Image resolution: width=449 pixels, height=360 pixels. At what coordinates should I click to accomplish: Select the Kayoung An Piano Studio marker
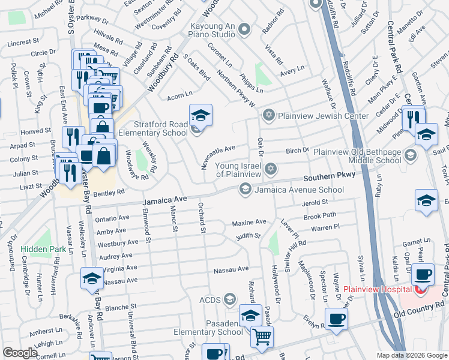coord(244,29)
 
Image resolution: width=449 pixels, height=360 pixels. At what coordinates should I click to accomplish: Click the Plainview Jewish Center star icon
coord(270,115)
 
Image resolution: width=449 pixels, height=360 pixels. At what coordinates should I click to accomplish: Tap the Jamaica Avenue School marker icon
coord(245,190)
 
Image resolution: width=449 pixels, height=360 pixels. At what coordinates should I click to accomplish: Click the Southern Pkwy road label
coord(329,178)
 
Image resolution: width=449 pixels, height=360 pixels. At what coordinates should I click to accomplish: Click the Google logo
coord(20,353)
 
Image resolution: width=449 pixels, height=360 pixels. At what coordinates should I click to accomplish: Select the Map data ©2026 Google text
coord(411,355)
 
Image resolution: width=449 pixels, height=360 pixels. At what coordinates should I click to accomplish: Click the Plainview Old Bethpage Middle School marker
coord(411,156)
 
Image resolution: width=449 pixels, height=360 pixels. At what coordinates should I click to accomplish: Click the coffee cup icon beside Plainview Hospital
coord(424,274)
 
